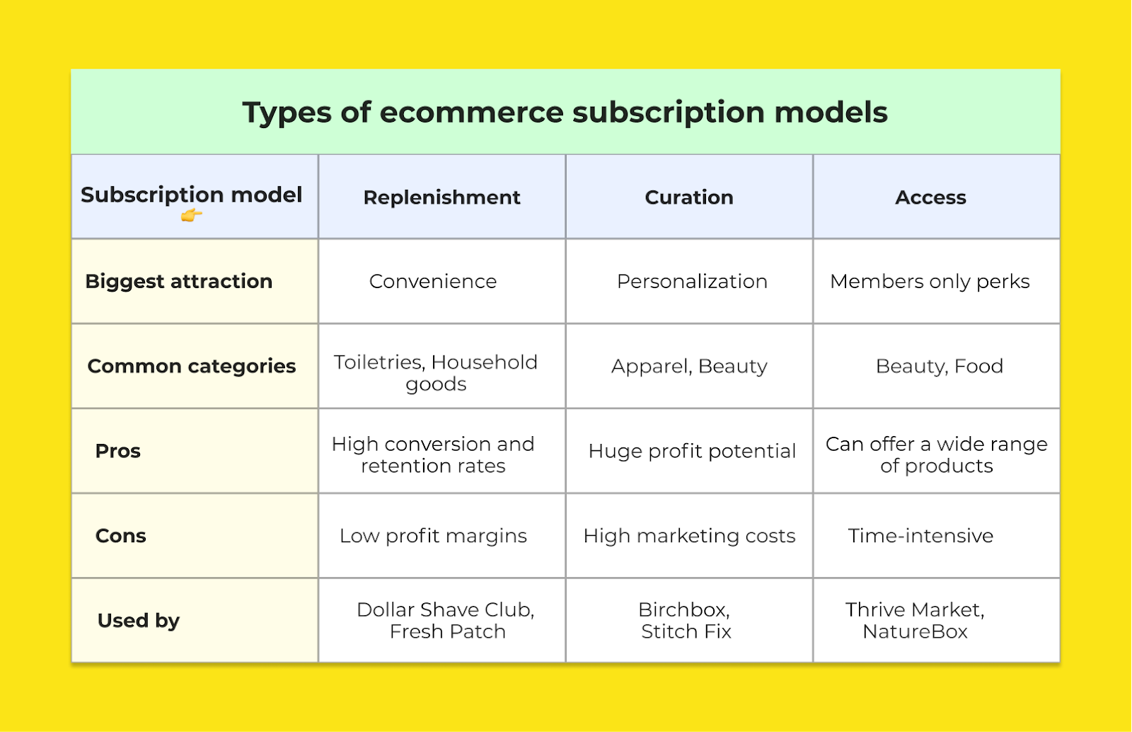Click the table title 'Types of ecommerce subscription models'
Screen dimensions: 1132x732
pyautogui.click(x=565, y=113)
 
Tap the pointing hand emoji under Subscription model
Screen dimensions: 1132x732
pyautogui.click(x=191, y=216)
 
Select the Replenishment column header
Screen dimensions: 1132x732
pyautogui.click(x=441, y=197)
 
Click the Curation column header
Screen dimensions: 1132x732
pyautogui.click(x=689, y=197)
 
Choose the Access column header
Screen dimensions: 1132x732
pyautogui.click(x=930, y=197)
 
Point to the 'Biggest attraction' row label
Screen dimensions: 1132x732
pyautogui.click(x=179, y=281)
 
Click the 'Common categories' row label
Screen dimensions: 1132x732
pyautogui.click(x=192, y=366)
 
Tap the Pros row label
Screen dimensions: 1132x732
pyautogui.click(x=117, y=451)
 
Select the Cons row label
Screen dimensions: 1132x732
pyautogui.click(x=121, y=536)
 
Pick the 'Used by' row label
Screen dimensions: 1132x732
pyautogui.click(x=139, y=621)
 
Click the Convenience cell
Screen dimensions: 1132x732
pyautogui.click(x=433, y=282)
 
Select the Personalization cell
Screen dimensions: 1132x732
pyautogui.click(x=692, y=282)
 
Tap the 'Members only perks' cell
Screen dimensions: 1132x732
pyautogui.click(x=930, y=282)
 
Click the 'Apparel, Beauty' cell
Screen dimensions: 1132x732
pyautogui.click(x=689, y=367)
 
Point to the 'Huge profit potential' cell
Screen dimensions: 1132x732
pyautogui.click(x=692, y=452)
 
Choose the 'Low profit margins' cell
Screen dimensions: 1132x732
pyautogui.click(x=433, y=536)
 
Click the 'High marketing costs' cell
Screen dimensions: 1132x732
pyautogui.click(x=689, y=536)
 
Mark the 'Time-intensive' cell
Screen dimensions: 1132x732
pyautogui.click(x=920, y=536)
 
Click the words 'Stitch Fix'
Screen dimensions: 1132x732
pyautogui.click(x=686, y=632)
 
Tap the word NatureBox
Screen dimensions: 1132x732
pyautogui.click(x=915, y=632)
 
